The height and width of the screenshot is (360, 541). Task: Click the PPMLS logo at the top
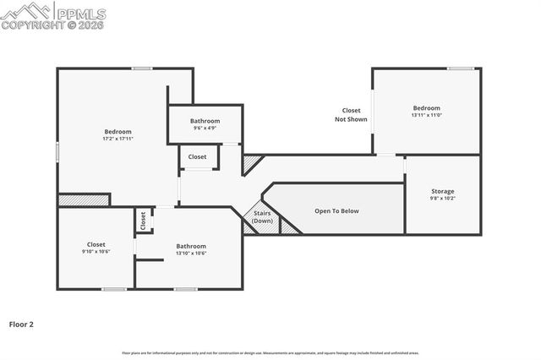pyautogui.click(x=53, y=15)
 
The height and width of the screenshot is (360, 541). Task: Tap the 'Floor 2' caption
pyautogui.click(x=22, y=324)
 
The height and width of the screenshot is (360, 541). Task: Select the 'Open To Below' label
pyautogui.click(x=337, y=210)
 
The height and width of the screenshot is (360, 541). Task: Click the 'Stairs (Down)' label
pyautogui.click(x=263, y=217)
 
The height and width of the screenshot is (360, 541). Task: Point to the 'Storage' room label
pyautogui.click(x=443, y=192)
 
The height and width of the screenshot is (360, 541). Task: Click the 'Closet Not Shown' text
pyautogui.click(x=351, y=115)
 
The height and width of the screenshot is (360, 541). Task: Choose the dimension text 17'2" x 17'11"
pyautogui.click(x=117, y=139)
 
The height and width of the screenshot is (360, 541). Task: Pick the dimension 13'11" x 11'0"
pyautogui.click(x=427, y=115)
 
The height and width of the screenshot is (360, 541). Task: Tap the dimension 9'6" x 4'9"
pyautogui.click(x=205, y=128)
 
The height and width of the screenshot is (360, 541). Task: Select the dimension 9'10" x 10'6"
pyautogui.click(x=96, y=252)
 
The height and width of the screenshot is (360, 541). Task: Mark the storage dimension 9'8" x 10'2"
pyautogui.click(x=443, y=199)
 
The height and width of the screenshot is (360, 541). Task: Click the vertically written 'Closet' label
pyautogui.click(x=143, y=221)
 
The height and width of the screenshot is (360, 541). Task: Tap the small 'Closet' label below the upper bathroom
pyautogui.click(x=197, y=157)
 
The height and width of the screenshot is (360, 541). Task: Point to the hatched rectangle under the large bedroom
pyautogui.click(x=84, y=200)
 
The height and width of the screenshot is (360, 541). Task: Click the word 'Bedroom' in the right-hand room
pyautogui.click(x=427, y=107)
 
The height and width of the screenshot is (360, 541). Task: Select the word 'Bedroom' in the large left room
pyautogui.click(x=117, y=131)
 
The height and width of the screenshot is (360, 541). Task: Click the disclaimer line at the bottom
pyautogui.click(x=270, y=352)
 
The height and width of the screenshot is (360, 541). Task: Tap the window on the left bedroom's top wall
pyautogui.click(x=142, y=68)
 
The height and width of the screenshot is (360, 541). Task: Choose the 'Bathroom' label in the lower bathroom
pyautogui.click(x=191, y=245)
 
